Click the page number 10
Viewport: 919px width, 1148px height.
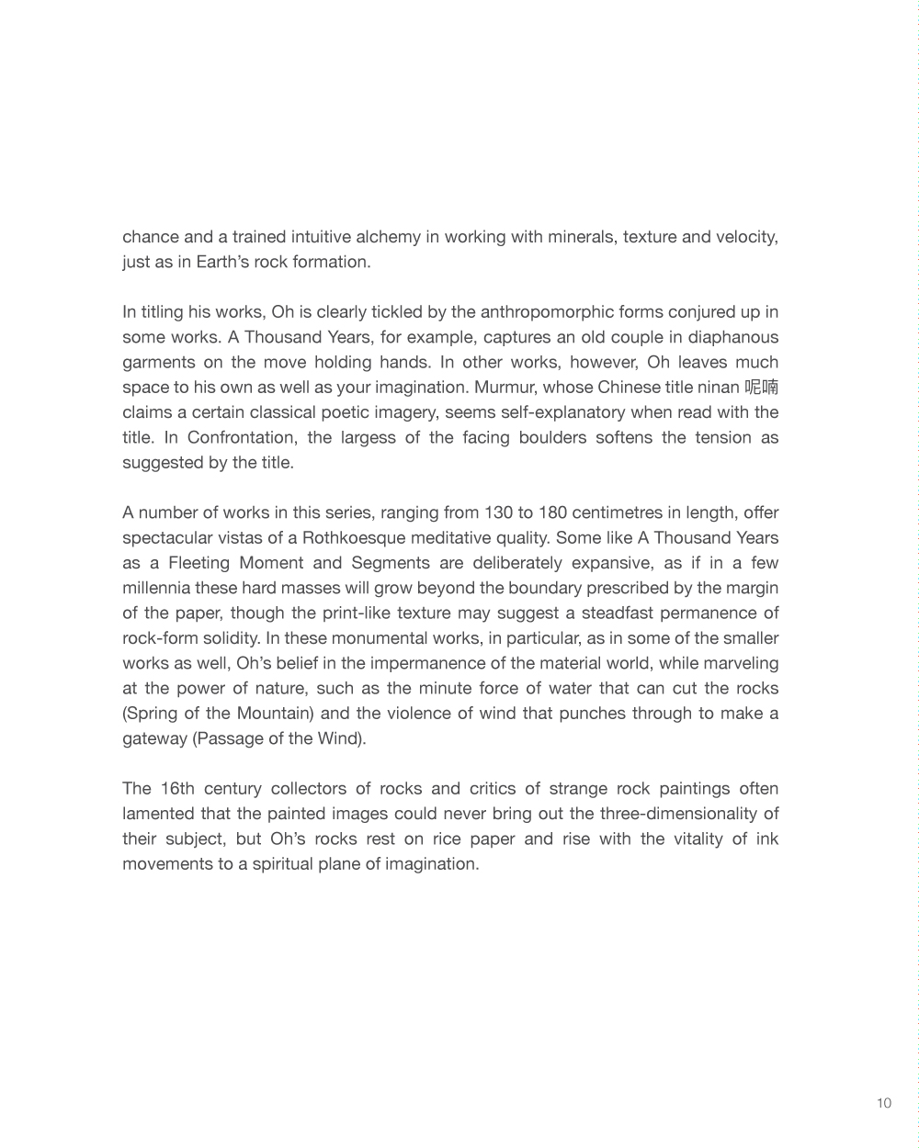coord(883,1103)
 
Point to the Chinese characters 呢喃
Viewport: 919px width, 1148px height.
coord(762,387)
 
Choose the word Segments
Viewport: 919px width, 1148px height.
coord(390,562)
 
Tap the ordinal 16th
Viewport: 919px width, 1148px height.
coord(176,788)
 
